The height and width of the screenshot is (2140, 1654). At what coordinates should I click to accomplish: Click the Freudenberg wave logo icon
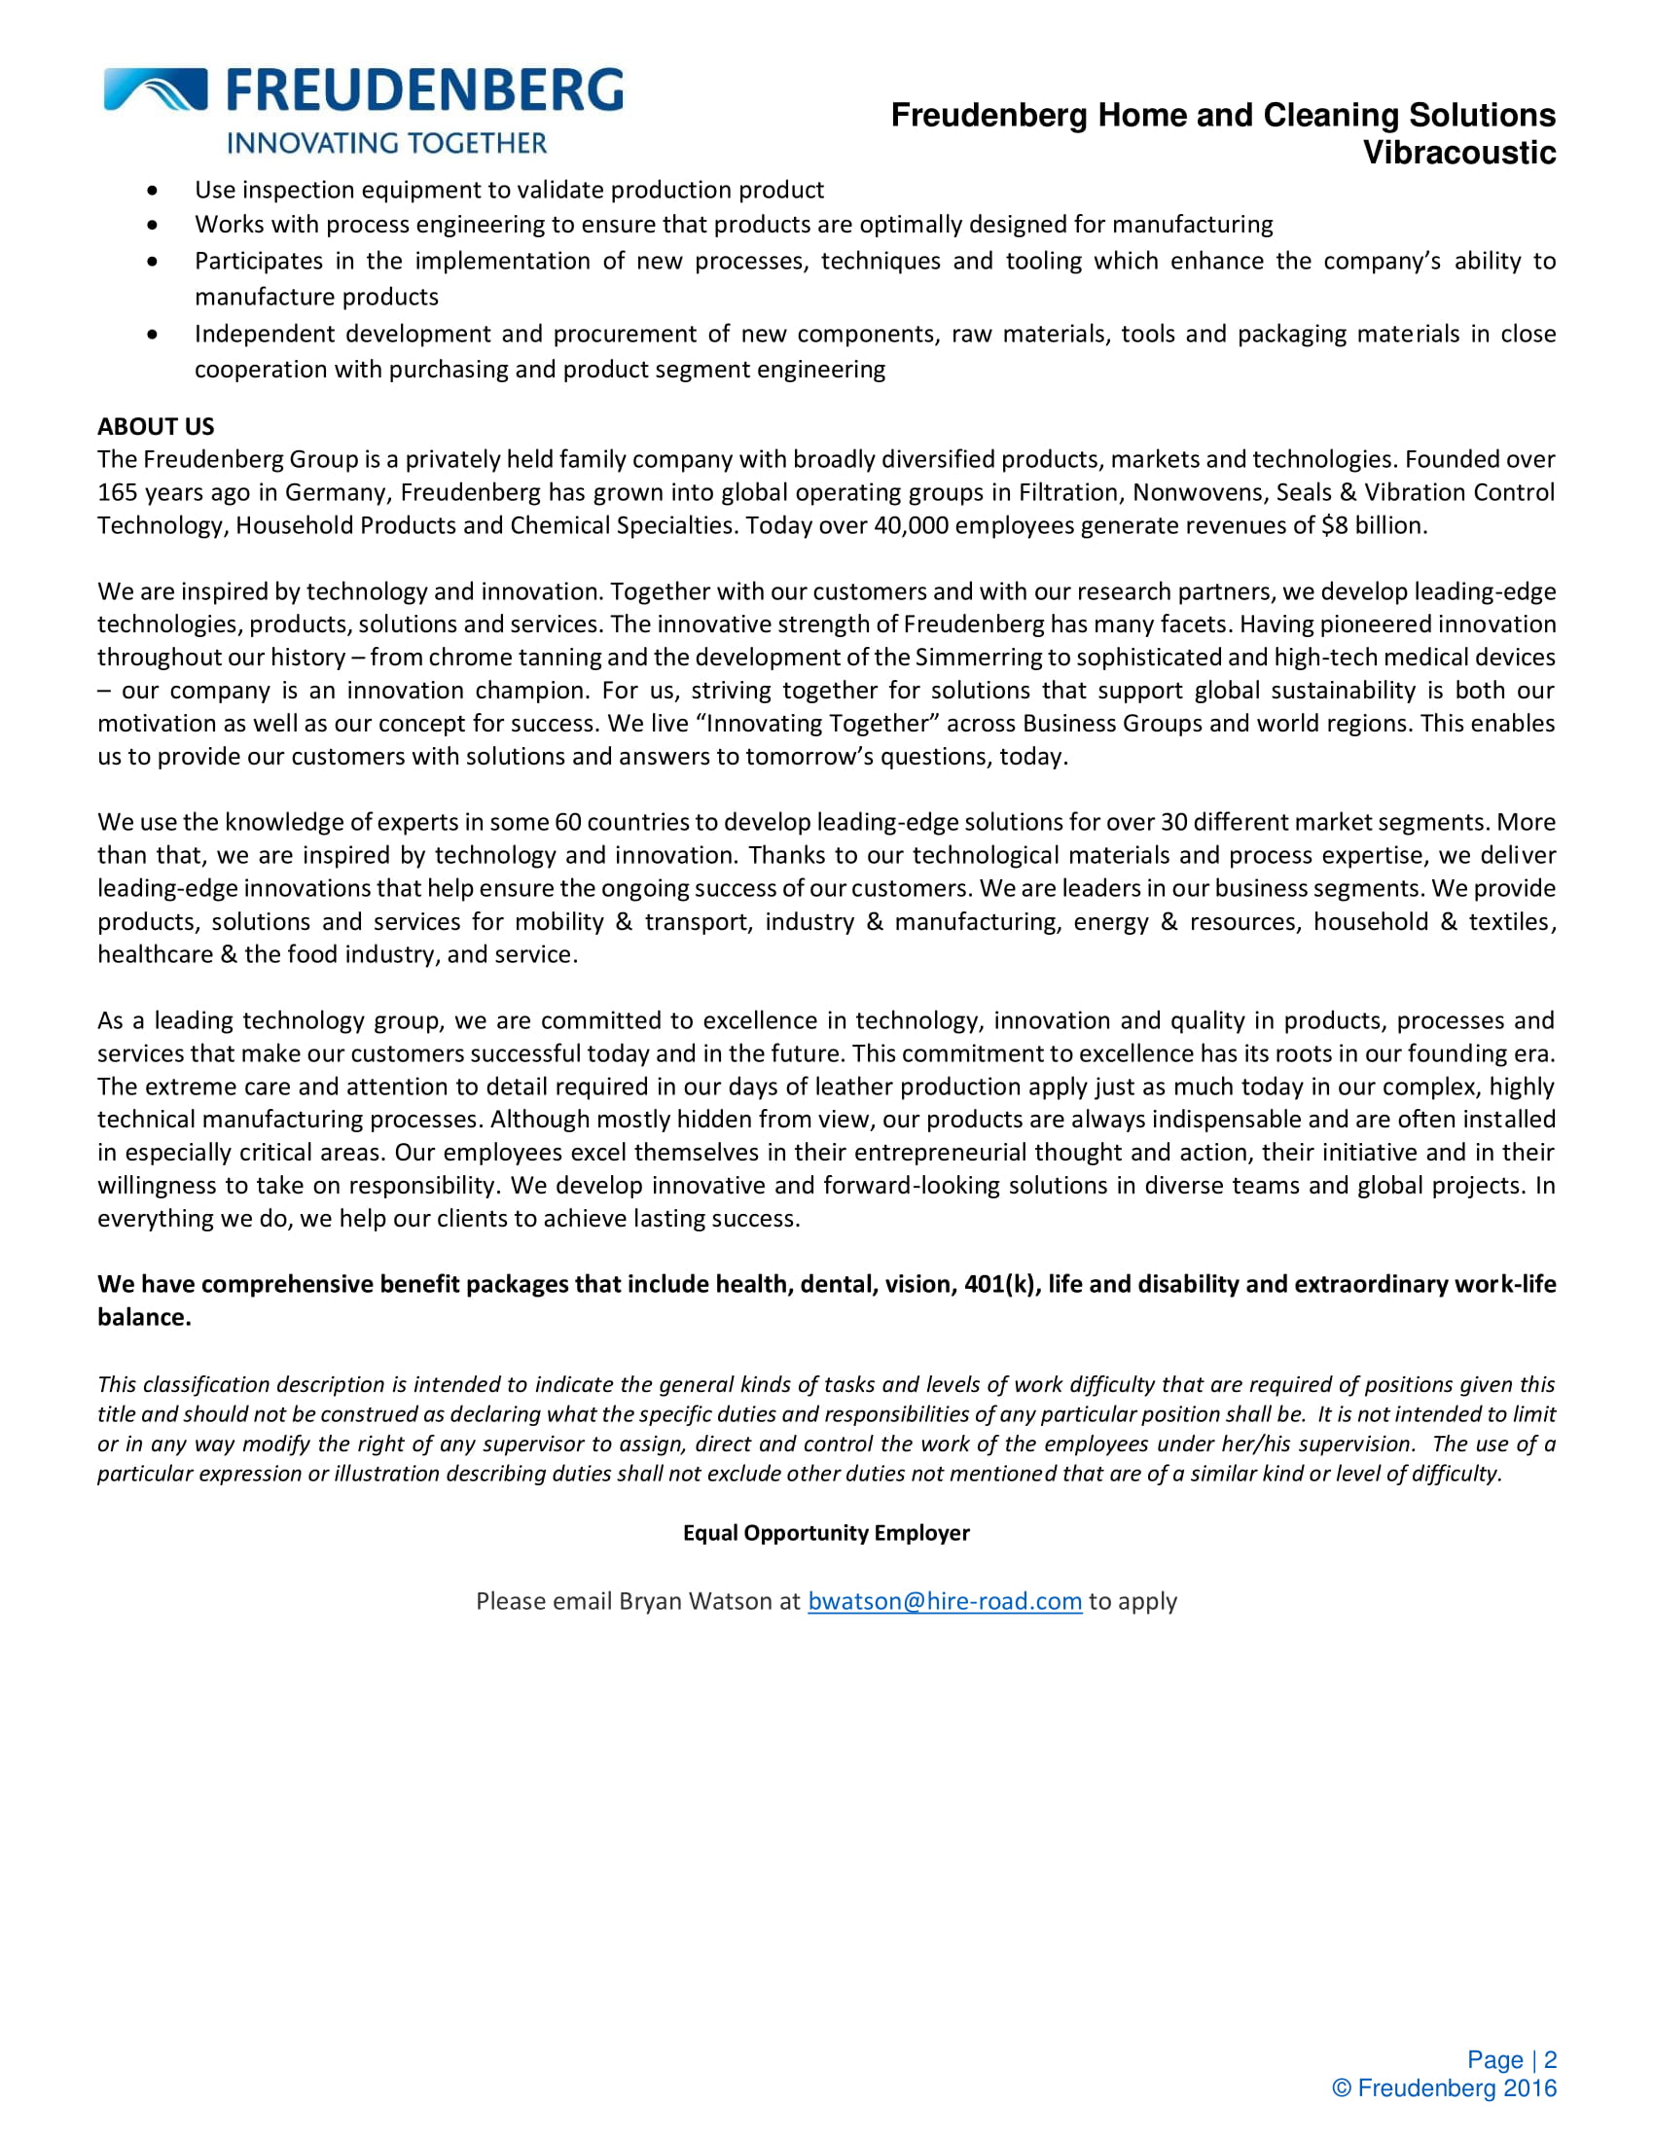coord(155,89)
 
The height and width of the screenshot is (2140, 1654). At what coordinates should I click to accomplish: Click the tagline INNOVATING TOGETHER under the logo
coord(387,143)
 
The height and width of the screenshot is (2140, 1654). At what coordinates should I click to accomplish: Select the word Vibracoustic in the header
coord(1459,153)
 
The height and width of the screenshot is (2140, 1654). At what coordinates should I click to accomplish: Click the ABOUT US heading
coord(156,426)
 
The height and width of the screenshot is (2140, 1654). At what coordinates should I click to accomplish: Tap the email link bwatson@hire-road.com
coord(945,1601)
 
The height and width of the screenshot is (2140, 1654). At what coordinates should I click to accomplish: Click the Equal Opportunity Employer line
coord(826,1532)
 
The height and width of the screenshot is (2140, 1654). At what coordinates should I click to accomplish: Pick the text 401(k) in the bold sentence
coord(1000,1285)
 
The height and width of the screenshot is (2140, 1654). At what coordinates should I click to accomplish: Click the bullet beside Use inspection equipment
coord(152,190)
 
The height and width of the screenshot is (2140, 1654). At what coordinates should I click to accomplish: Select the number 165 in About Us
coord(117,493)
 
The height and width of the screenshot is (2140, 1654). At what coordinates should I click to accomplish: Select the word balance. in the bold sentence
coord(144,1318)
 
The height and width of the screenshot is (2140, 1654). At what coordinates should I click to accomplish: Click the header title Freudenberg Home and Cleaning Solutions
coord(1223,116)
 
